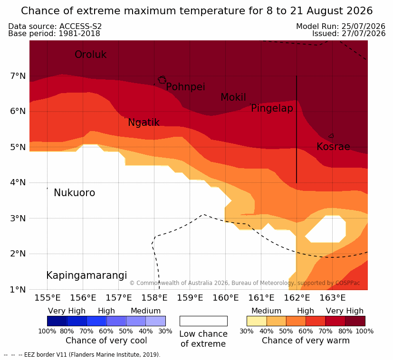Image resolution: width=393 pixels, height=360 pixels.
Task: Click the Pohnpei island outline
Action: (x=162, y=80)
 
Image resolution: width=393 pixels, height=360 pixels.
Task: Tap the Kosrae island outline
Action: (x=331, y=136)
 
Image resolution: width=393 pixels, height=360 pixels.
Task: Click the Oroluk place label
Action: (x=90, y=55)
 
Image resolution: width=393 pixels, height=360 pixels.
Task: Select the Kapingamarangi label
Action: (x=86, y=275)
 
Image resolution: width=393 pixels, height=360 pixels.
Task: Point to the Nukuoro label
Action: (x=75, y=193)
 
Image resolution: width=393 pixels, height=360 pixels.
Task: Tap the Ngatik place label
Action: (x=144, y=123)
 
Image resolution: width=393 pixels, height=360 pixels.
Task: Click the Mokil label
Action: (x=233, y=97)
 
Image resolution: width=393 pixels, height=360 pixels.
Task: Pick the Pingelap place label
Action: (x=272, y=108)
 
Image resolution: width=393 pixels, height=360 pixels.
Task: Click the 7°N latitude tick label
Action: (x=18, y=76)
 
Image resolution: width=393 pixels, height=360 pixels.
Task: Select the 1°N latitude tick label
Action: (x=18, y=290)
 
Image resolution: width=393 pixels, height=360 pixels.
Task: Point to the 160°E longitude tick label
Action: (x=226, y=298)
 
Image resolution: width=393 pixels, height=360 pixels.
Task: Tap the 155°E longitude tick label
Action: (x=48, y=298)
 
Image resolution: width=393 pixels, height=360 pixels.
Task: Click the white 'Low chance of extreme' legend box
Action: (x=203, y=321)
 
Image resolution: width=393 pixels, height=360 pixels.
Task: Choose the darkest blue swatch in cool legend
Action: (x=57, y=321)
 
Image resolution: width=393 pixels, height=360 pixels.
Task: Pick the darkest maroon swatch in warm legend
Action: (x=355, y=321)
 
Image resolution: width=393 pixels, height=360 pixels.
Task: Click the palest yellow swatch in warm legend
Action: (x=257, y=321)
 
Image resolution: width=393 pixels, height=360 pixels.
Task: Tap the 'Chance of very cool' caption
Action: (x=106, y=341)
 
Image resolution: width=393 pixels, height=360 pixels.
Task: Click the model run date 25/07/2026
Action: (x=363, y=26)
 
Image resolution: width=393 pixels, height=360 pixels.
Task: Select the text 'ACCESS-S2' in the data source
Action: (x=80, y=26)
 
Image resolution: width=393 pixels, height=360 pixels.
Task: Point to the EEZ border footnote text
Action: (x=82, y=355)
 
